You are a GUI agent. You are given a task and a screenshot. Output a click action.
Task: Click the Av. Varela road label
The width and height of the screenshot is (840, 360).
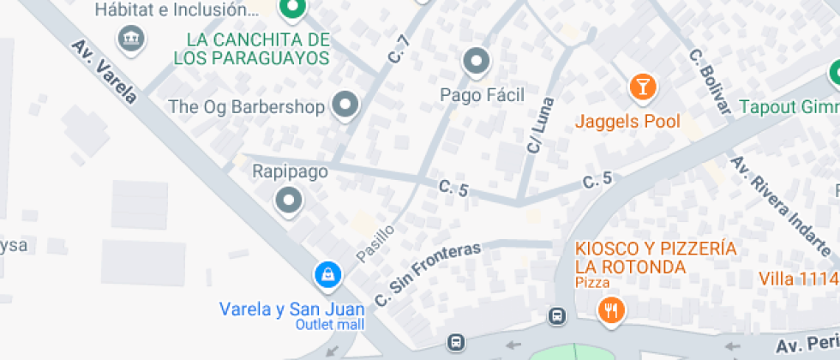104,72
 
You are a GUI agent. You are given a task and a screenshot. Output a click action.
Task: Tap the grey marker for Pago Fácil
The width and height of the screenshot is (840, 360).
475,62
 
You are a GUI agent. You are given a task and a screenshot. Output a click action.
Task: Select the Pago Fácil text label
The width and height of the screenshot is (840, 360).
482,94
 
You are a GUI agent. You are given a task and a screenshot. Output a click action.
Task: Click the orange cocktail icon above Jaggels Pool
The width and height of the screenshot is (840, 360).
640,87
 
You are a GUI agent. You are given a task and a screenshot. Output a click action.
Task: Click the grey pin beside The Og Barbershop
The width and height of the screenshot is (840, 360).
345,105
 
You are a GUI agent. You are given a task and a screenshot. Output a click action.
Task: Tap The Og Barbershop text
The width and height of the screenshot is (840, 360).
247,107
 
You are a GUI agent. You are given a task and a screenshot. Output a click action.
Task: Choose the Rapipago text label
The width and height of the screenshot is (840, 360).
290,171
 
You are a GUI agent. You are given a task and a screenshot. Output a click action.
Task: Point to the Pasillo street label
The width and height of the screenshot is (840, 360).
375,243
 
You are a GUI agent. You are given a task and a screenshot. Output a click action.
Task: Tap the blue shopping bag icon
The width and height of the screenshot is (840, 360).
327,274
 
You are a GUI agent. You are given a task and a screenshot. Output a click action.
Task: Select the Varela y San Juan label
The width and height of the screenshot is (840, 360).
292,309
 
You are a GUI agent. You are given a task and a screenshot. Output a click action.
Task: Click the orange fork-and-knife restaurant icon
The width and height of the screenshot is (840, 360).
610,310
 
